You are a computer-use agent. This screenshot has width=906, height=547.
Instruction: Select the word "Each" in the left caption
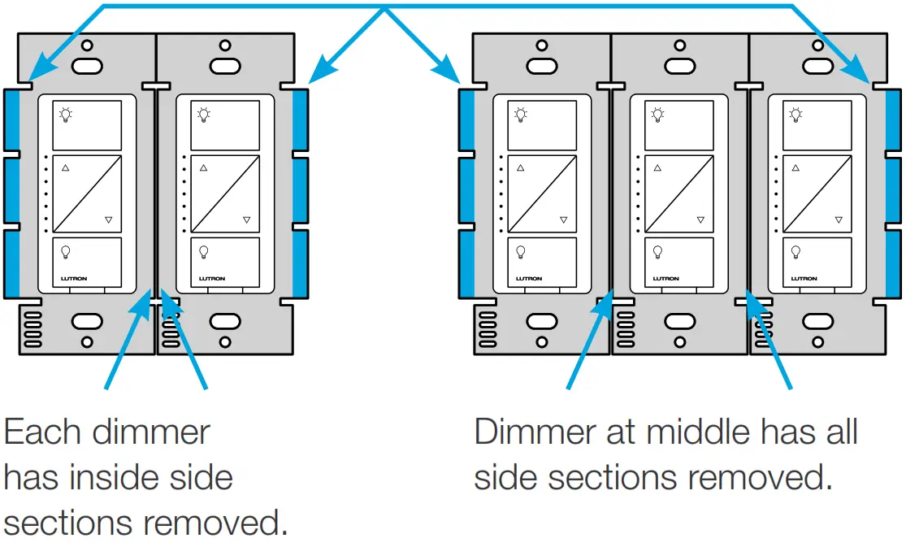(40, 432)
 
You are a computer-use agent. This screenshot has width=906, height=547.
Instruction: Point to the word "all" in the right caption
(834, 432)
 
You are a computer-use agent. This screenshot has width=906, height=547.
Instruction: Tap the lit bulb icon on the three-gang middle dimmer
(657, 115)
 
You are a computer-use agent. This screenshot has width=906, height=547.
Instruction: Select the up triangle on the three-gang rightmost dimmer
(794, 169)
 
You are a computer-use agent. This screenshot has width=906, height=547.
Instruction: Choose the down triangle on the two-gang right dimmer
(246, 220)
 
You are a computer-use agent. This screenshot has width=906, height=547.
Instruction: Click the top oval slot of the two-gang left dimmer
(85, 66)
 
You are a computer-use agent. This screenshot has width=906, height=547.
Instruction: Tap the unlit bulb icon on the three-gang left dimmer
(520, 251)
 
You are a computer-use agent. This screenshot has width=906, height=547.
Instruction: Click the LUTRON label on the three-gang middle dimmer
(666, 279)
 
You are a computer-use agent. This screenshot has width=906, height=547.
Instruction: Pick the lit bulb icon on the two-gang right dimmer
(203, 115)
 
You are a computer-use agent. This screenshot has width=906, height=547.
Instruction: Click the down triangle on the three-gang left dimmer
(563, 220)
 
